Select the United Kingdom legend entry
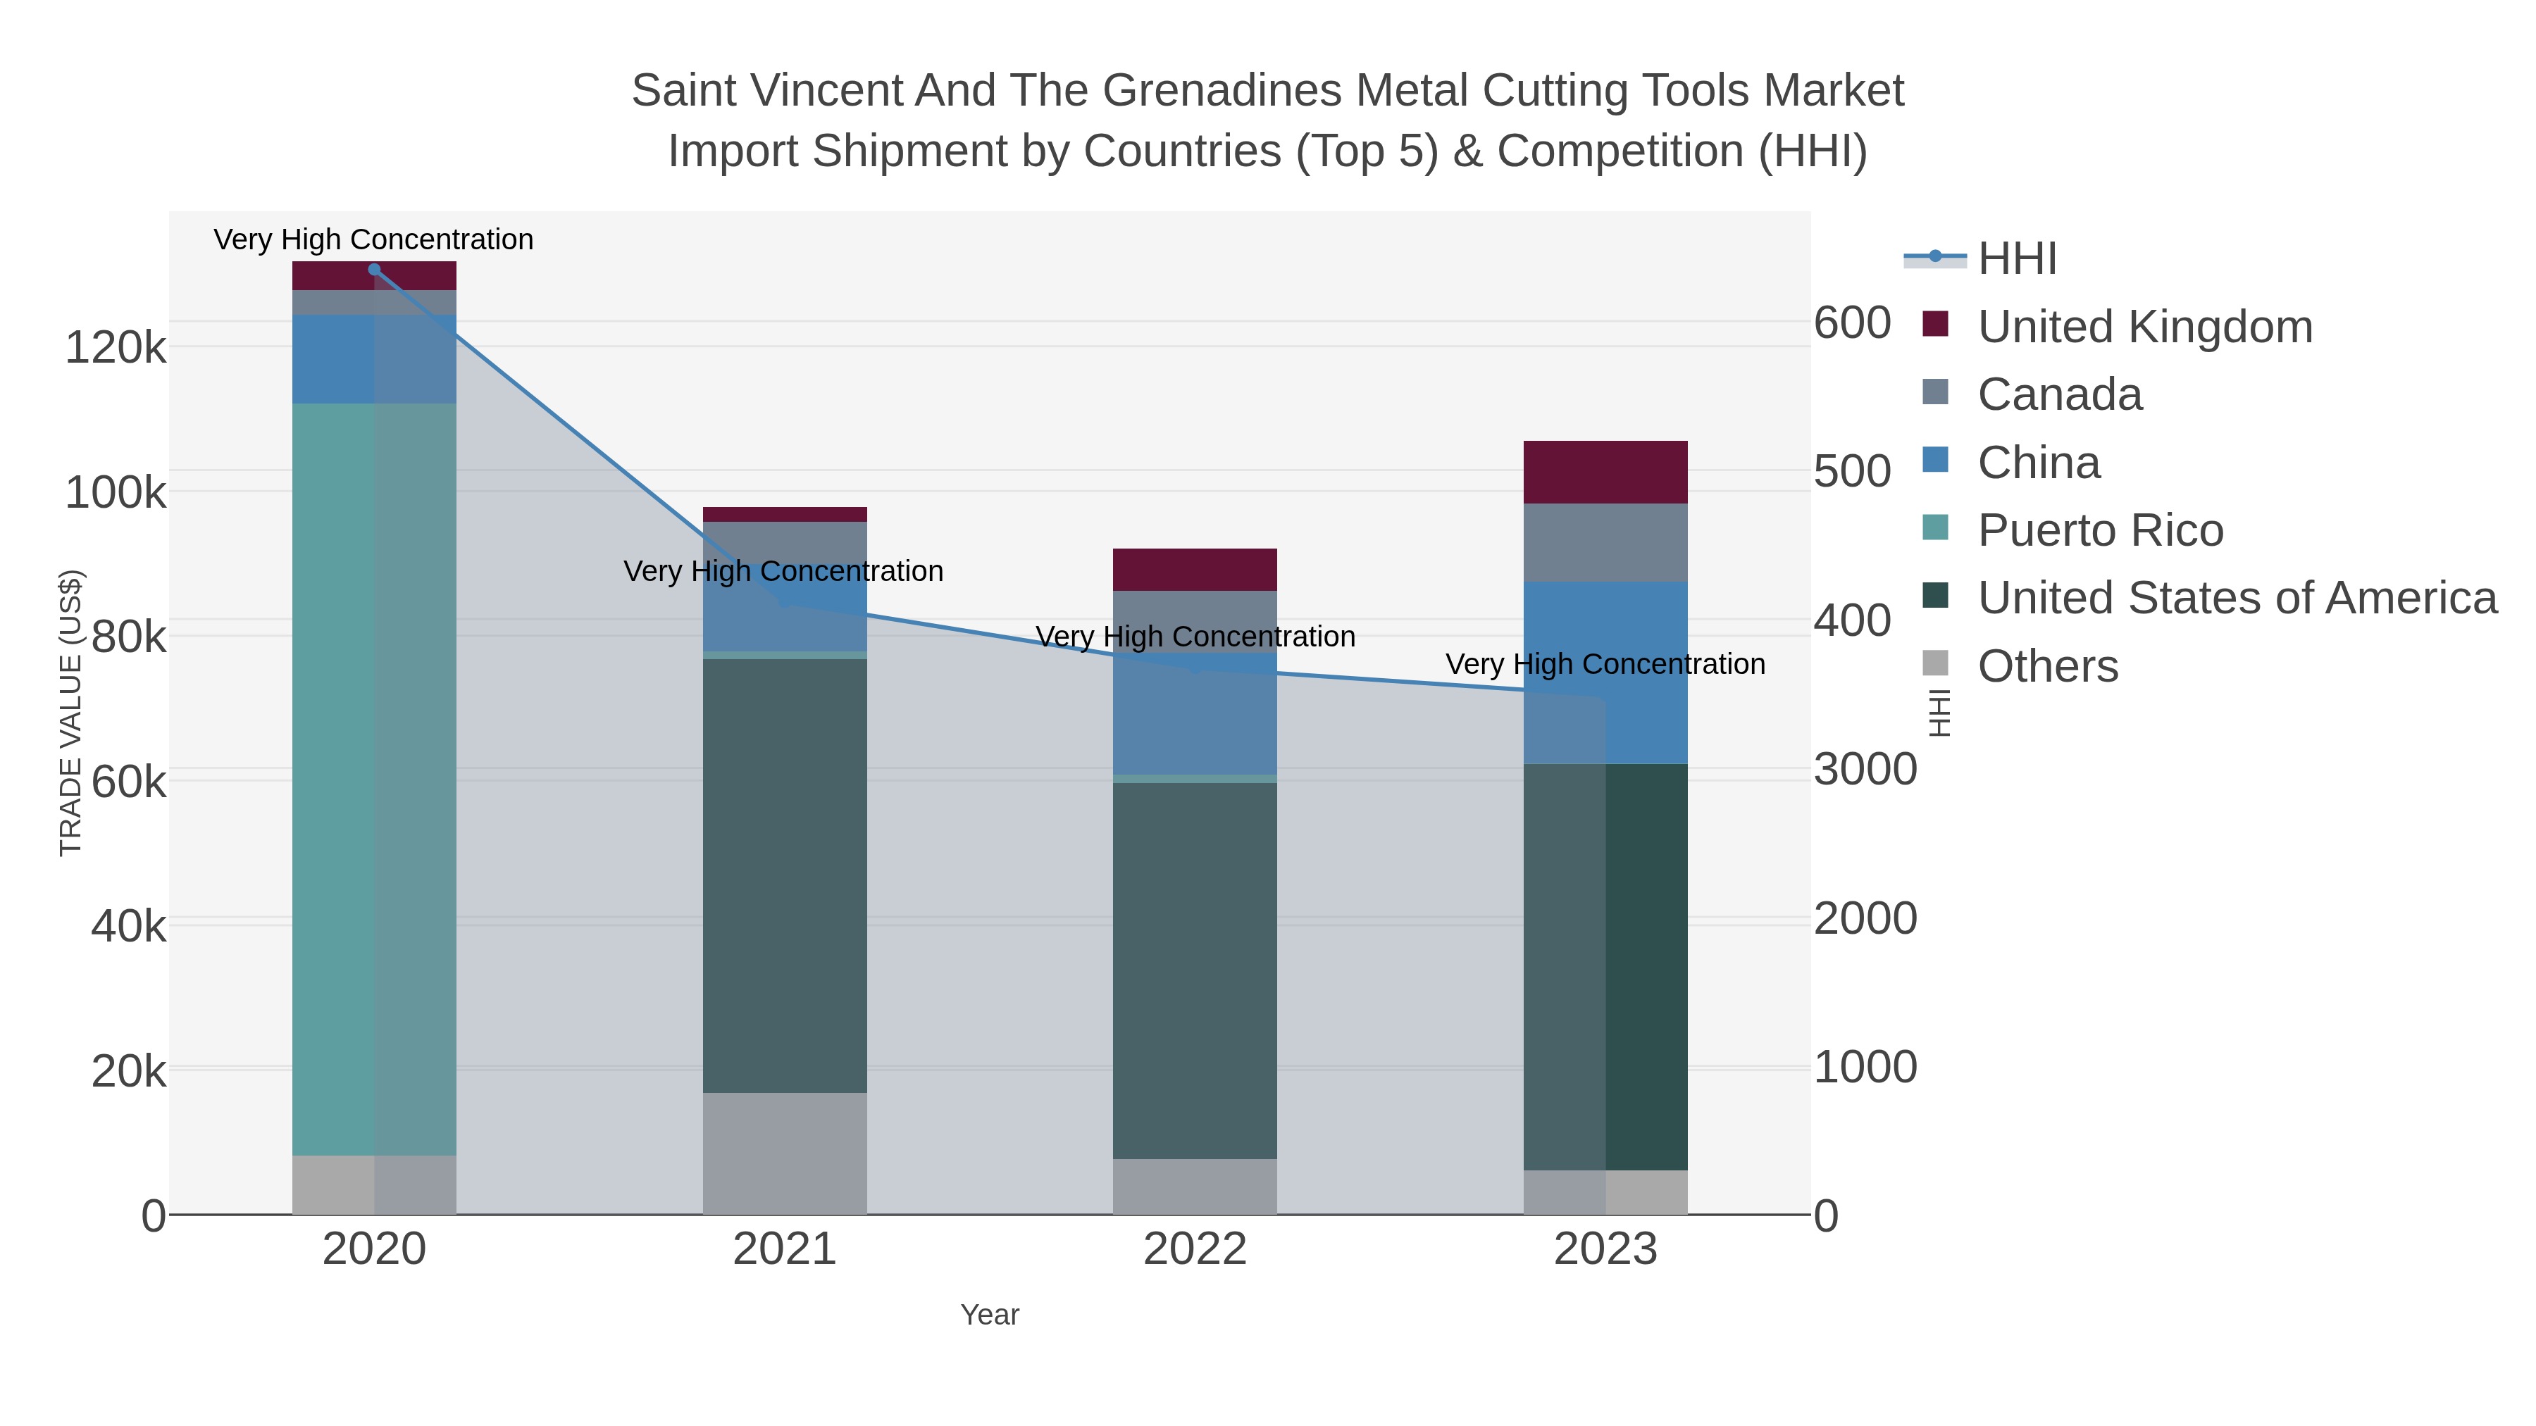(2144, 327)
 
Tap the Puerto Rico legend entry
(2100, 530)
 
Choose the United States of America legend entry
(2237, 599)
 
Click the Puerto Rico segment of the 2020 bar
(374, 778)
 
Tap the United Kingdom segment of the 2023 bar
(1605, 473)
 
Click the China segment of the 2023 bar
(1605, 673)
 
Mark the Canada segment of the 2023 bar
(1605, 542)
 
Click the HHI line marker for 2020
(374, 270)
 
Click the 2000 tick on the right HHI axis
(1865, 918)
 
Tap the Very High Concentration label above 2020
(373, 239)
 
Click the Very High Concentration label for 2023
(1605, 664)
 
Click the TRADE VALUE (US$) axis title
(71, 713)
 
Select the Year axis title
(990, 1315)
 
